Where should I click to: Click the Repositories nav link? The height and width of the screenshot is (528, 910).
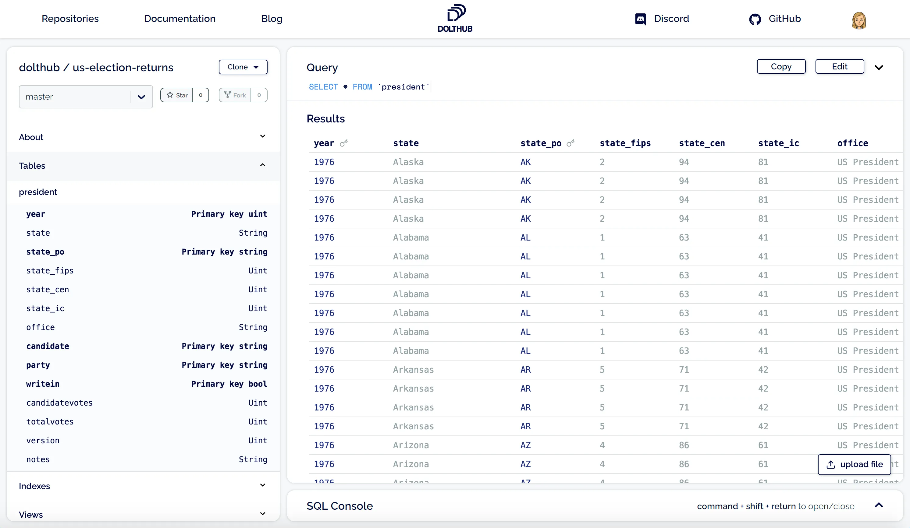coord(70,19)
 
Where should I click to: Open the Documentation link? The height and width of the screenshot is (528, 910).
coord(180,19)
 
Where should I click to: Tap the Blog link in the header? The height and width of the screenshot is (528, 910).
coord(272,19)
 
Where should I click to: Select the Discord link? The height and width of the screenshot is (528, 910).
coord(662,19)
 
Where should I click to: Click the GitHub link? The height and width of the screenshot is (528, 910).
coord(775,19)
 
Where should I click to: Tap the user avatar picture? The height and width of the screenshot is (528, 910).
coord(859,20)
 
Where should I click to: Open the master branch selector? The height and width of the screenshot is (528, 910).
coord(86,97)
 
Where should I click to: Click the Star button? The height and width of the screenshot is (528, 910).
coord(177,95)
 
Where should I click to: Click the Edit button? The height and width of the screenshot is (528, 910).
coord(840,67)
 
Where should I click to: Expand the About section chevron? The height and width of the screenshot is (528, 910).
coord(262,136)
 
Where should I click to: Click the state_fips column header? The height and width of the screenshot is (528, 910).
coord(625,143)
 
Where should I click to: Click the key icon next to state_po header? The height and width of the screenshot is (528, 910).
coord(571,143)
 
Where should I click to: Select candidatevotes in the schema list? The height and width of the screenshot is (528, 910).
coord(60,403)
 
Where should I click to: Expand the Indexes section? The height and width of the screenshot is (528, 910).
coord(262,485)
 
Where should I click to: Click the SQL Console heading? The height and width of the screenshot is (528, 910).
coord(339,506)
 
